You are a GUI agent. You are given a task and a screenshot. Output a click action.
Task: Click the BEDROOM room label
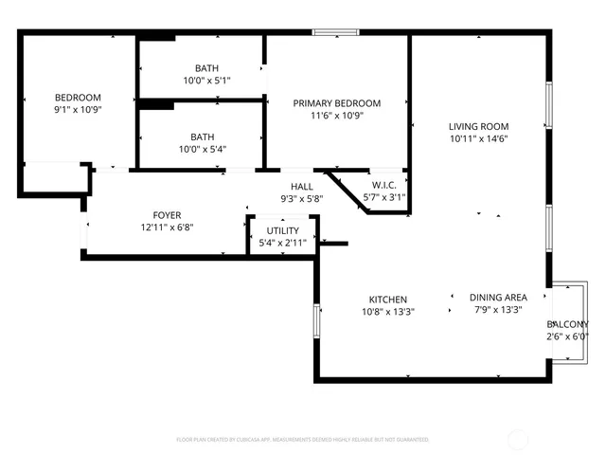click(x=78, y=98)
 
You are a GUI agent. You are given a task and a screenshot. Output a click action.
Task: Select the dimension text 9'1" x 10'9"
click(x=78, y=110)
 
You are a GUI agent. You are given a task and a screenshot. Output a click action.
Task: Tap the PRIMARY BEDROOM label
click(x=336, y=103)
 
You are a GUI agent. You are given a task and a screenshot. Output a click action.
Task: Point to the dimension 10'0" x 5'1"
click(x=205, y=81)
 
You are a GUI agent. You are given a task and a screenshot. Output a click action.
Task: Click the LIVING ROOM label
click(x=478, y=126)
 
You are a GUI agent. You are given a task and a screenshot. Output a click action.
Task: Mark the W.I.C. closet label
click(x=383, y=185)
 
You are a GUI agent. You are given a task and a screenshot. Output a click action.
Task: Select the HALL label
click(x=302, y=187)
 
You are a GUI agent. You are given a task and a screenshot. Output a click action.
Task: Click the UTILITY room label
click(x=282, y=230)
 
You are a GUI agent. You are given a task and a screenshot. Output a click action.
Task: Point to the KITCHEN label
click(x=388, y=299)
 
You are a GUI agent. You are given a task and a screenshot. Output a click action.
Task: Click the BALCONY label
click(x=567, y=324)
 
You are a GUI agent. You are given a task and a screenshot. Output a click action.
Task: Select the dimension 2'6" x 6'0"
click(x=567, y=337)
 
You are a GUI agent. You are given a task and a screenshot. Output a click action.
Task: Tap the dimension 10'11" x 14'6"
click(x=478, y=138)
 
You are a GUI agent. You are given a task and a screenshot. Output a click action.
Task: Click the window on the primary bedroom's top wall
click(x=335, y=34)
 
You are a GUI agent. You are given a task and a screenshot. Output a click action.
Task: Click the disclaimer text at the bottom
click(x=303, y=440)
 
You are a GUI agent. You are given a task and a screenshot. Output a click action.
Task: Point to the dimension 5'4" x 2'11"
click(x=282, y=243)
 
